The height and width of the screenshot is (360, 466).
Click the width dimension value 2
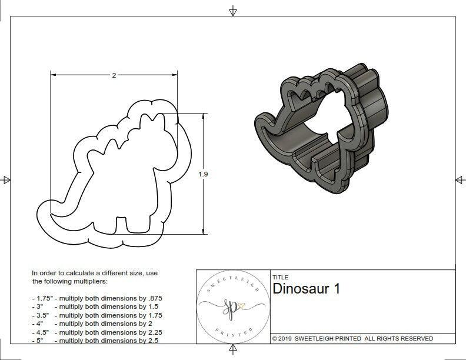click(114, 75)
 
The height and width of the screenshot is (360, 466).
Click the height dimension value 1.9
click(204, 174)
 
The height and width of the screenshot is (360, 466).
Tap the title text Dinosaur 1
click(306, 289)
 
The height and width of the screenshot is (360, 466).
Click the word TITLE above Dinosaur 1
click(280, 277)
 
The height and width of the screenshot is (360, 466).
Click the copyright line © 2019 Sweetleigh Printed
click(352, 338)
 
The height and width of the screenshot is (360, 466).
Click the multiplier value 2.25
click(152, 332)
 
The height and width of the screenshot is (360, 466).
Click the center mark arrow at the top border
click(233, 11)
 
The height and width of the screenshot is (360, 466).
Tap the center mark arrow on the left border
click(6, 180)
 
